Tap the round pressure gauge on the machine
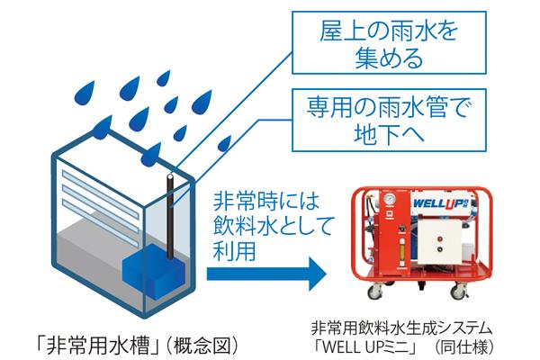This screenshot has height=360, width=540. (x=381, y=199)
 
